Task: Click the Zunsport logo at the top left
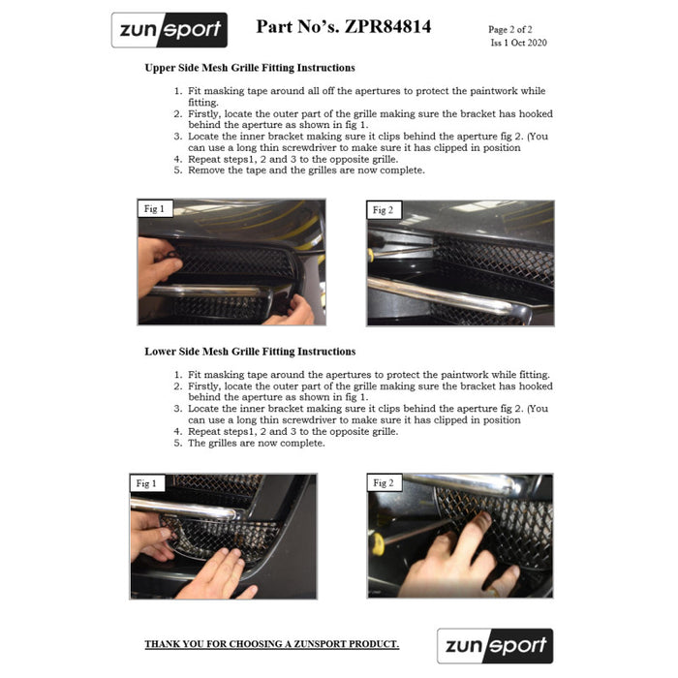(x=169, y=30)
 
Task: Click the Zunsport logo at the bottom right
(x=495, y=645)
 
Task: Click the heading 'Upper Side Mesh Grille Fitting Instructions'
(x=250, y=69)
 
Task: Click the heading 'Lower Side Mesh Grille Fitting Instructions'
(x=250, y=352)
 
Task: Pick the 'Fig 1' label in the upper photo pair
(x=154, y=209)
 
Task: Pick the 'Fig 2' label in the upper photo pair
(x=383, y=210)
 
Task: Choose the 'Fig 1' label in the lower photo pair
(x=147, y=482)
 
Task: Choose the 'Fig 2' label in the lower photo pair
(x=384, y=482)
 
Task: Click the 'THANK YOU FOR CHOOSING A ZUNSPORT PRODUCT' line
(x=271, y=644)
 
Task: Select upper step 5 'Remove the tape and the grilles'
(x=305, y=170)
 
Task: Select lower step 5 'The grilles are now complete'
(x=256, y=444)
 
